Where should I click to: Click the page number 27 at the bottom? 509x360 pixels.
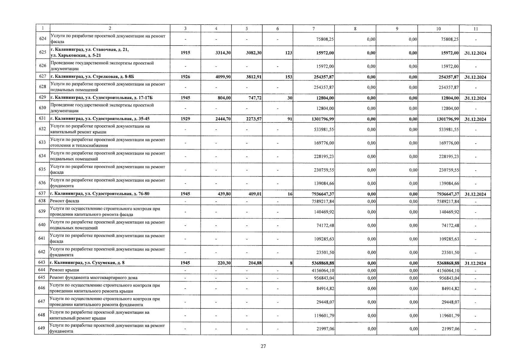click(263, 346)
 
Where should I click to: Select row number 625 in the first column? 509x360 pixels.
click(43, 52)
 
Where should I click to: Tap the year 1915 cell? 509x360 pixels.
click(185, 52)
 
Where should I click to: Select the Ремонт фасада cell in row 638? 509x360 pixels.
click(65, 201)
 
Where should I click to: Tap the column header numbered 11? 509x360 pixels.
click(476, 29)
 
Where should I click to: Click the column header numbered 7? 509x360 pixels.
click(313, 29)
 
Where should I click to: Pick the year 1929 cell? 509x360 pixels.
click(185, 119)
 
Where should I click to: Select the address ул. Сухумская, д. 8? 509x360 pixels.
click(87, 263)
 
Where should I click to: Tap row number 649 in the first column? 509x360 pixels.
click(41, 328)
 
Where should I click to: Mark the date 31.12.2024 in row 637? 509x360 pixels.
click(475, 194)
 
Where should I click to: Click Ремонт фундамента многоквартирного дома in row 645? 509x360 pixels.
click(94, 277)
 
